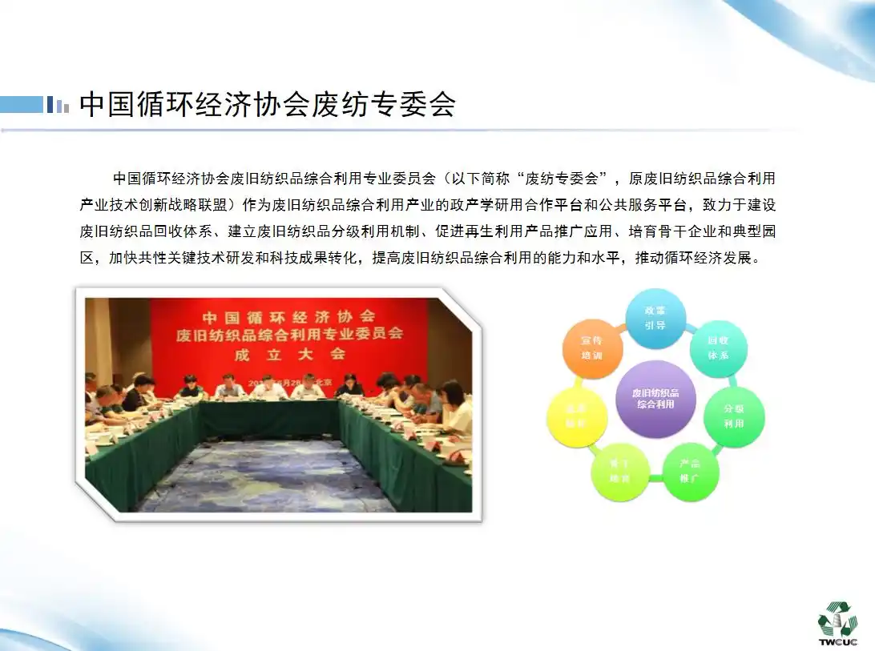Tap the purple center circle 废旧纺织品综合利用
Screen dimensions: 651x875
(655, 399)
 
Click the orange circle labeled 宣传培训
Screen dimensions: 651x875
(592, 348)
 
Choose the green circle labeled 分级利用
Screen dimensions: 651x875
(733, 416)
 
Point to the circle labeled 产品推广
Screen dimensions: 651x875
(689, 471)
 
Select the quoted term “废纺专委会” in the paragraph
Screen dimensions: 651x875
(569, 178)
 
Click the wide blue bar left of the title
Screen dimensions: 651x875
(22, 105)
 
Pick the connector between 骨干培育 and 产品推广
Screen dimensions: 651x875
(655, 479)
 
